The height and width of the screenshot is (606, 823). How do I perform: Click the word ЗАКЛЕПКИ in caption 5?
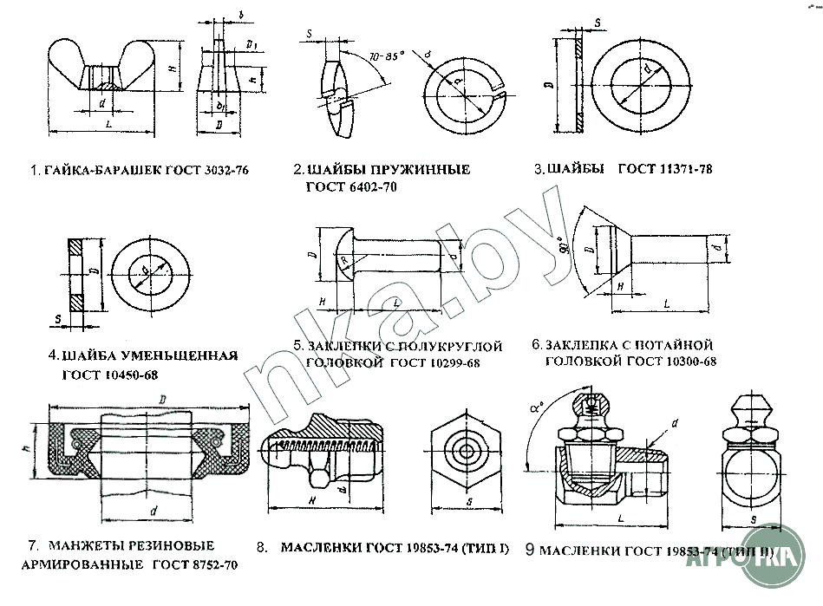342,347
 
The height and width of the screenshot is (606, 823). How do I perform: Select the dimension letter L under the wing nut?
106,126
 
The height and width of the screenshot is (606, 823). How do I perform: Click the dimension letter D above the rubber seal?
162,398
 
